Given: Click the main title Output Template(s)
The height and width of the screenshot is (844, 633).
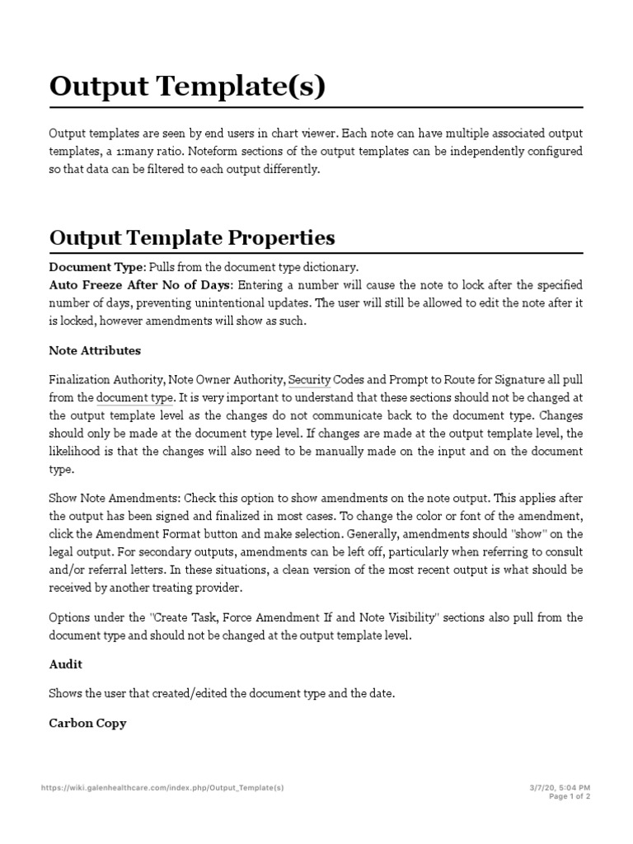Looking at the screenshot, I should [187, 87].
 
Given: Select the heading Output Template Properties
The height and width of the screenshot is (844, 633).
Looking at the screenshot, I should [192, 237].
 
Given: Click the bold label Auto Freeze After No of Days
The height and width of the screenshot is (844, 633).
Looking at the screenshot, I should [141, 285].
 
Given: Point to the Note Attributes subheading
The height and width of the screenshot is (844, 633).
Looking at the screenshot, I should [95, 350].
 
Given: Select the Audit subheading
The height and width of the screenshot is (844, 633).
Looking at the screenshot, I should [66, 663].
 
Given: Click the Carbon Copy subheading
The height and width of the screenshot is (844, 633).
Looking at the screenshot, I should [87, 723].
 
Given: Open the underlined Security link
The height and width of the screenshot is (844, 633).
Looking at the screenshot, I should [309, 380].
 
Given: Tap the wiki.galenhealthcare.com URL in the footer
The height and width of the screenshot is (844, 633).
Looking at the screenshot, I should [162, 788].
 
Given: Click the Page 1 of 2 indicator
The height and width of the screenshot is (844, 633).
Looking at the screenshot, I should [569, 797].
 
